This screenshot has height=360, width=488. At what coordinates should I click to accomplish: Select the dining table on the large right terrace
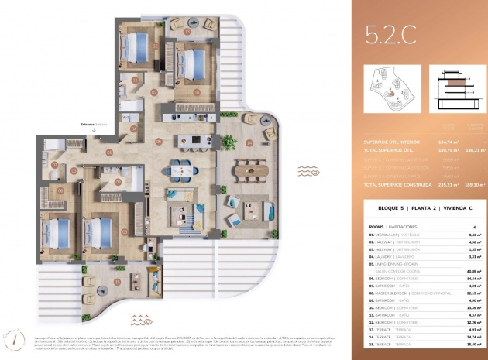249,167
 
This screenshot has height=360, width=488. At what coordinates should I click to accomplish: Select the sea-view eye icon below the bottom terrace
140,319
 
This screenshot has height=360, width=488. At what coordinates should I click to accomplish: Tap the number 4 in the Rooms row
474,227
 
